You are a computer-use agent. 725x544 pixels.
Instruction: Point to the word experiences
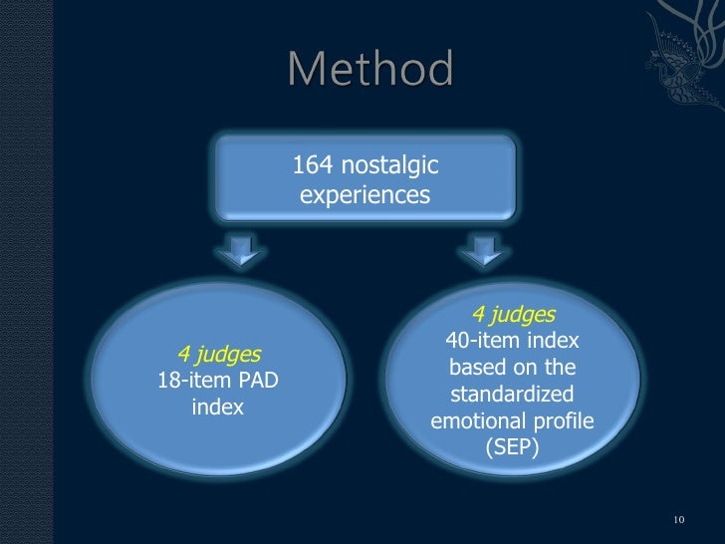click(x=364, y=196)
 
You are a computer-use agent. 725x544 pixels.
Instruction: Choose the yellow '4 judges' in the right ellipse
click(x=513, y=315)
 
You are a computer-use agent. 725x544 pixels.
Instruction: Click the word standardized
click(x=512, y=395)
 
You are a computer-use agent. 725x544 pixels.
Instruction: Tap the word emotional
click(x=474, y=421)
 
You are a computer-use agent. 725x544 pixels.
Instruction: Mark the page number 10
click(x=680, y=520)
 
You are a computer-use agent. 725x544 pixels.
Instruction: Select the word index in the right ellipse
click(x=555, y=342)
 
